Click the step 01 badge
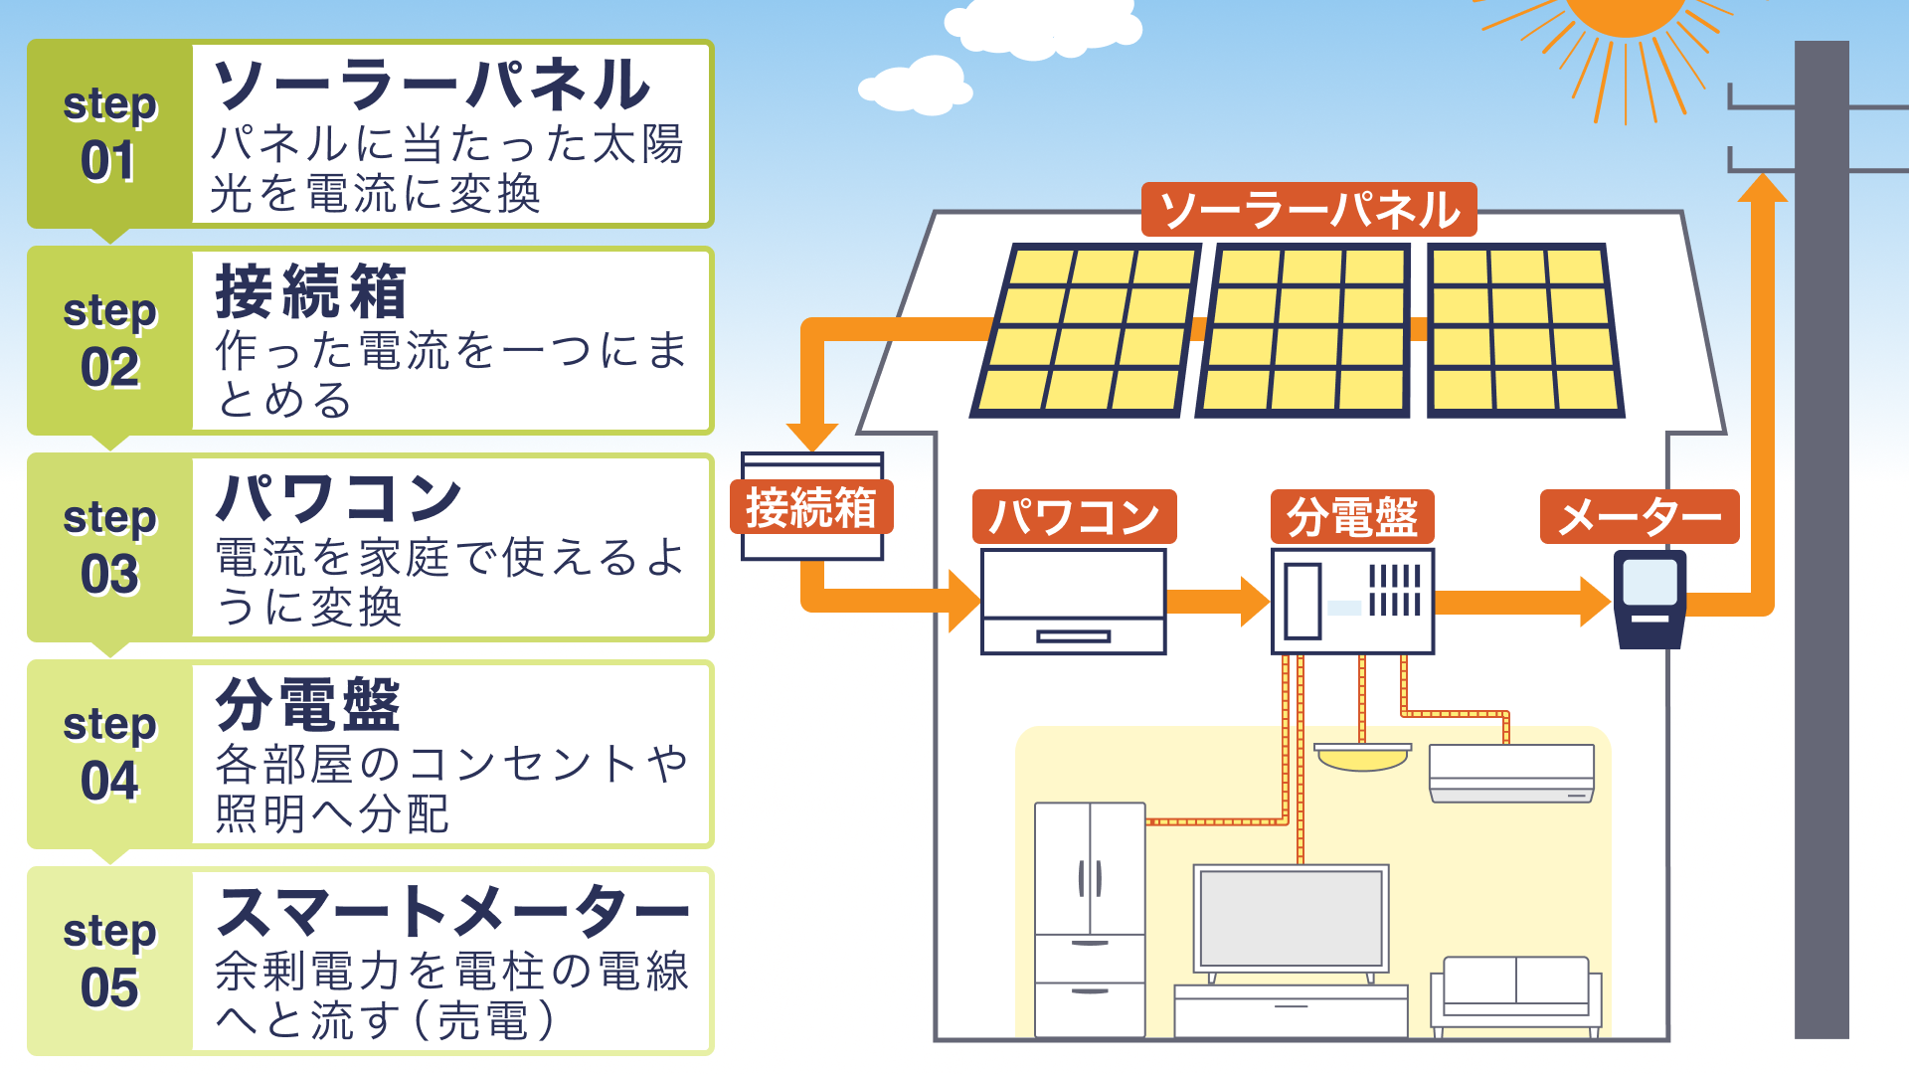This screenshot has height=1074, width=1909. point(109,134)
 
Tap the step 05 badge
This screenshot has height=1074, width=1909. point(109,961)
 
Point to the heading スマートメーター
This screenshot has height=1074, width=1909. point(452,912)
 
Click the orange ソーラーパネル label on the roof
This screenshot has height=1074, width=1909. point(1308,210)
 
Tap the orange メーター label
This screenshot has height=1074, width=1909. point(1639,517)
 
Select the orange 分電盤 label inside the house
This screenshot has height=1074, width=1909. point(1352,517)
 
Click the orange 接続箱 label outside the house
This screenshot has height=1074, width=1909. point(811,507)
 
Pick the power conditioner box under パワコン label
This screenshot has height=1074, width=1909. point(1073,602)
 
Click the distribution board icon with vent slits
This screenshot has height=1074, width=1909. point(1352,601)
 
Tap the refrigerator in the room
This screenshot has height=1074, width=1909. point(1090,919)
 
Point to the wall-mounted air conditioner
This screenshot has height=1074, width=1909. point(1511,773)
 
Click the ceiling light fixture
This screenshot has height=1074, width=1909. point(1362,757)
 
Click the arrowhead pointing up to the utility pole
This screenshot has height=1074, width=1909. point(1763,189)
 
